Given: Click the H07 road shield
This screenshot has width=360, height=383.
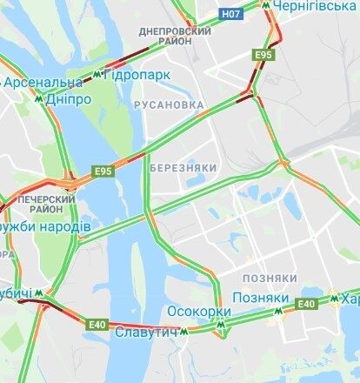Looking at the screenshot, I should point(230,15).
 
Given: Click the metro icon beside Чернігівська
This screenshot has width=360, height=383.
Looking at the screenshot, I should point(266,6).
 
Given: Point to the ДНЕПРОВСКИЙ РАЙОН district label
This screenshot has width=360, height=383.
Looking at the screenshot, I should point(175,36).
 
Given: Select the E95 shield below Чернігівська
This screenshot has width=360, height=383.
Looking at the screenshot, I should point(264,56).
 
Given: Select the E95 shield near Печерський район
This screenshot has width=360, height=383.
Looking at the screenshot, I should point(103,171).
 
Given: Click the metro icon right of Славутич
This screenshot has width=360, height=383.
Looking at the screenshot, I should point(184,332).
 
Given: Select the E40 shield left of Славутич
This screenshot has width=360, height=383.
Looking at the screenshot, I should point(97,325).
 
